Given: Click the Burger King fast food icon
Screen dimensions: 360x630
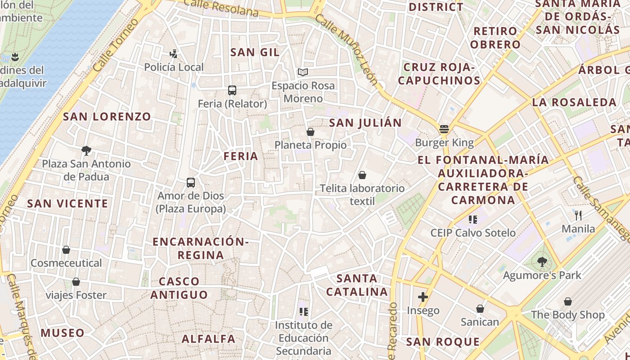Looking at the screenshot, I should pos(444,130).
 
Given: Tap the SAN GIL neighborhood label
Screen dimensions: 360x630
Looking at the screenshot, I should pos(255,52).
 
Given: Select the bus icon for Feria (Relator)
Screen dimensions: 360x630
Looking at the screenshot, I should pos(232,90).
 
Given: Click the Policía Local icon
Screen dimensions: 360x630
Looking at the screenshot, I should pos(173,54).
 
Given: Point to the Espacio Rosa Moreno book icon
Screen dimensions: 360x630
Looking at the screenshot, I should pos(303,72).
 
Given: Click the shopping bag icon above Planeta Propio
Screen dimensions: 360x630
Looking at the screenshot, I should pos(310,132).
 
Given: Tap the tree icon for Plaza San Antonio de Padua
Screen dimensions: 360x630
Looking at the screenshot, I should pos(86,150).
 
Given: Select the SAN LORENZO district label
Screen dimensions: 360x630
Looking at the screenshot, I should pos(107,117).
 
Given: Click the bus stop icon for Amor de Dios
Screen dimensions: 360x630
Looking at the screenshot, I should pos(191,183).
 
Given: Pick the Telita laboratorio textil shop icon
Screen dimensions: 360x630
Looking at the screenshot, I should pos(362,175).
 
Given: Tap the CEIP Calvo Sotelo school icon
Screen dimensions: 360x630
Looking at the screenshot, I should pos(472,220).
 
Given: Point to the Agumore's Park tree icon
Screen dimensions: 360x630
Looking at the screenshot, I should pos(542,262).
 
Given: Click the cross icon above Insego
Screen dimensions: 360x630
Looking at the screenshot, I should pos(423,297).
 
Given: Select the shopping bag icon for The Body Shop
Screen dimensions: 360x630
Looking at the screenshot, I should pos(568,301).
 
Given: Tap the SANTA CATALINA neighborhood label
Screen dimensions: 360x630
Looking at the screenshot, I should pos(357,285).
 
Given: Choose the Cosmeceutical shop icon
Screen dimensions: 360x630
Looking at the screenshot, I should pos(66,250).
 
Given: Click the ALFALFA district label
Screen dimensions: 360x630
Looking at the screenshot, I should pos(208,339).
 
